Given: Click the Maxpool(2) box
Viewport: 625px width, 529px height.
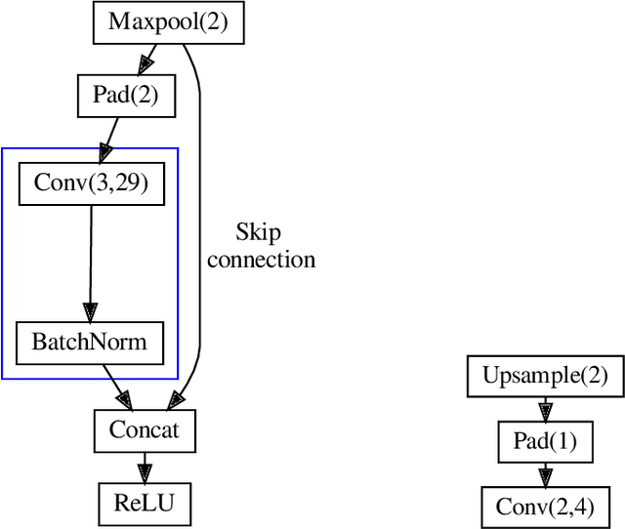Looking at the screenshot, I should click(167, 21).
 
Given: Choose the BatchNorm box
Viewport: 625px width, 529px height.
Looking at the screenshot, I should click(90, 342).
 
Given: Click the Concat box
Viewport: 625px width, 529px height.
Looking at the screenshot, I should click(145, 429).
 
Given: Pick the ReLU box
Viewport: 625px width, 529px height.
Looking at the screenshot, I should click(145, 504).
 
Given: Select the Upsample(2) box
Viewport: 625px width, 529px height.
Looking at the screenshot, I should click(545, 377).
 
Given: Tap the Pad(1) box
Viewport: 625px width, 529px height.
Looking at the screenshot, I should click(545, 442).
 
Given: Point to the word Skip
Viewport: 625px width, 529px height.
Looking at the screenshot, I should click(259, 232).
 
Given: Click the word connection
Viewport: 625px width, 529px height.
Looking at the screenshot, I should click(262, 260).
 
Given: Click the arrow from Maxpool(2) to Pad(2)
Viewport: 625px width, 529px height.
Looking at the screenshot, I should click(147, 61).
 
